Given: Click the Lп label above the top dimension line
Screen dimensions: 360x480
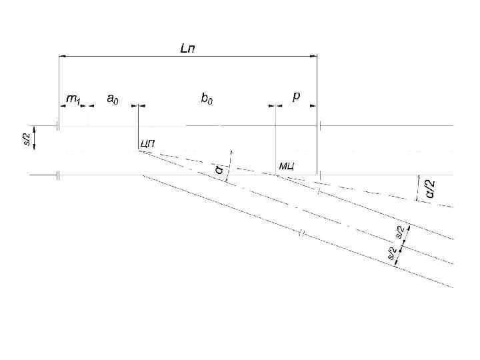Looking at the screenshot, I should click(x=189, y=48).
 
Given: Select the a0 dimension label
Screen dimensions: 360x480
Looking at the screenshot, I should click(x=113, y=98).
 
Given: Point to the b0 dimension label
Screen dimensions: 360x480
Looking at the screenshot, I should click(x=207, y=98).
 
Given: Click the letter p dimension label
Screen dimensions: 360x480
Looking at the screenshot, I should click(x=296, y=96).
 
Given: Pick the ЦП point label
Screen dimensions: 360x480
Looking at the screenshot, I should click(x=148, y=143).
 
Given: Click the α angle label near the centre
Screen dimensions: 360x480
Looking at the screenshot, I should click(x=219, y=170).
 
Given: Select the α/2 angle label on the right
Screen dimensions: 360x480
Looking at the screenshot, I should click(x=431, y=188).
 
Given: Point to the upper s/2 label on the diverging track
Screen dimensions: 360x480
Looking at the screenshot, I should click(x=399, y=231).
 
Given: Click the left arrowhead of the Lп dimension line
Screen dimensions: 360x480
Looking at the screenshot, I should click(x=63, y=56).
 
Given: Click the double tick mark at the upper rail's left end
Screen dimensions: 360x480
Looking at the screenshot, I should click(x=59, y=125).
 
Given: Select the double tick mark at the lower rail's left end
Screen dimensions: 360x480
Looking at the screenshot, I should click(x=59, y=175).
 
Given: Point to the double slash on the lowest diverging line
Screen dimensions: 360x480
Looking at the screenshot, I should click(x=301, y=233).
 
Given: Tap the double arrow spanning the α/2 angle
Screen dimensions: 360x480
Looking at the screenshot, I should click(x=419, y=187).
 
